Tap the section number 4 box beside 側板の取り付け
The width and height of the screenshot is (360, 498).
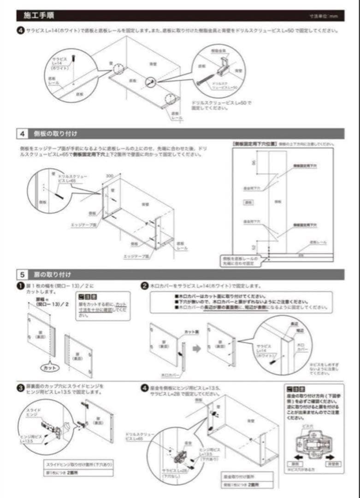pos(23,134)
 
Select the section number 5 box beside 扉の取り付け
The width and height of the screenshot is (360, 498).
pos(23,274)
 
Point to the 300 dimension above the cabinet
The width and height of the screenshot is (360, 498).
pos(109,176)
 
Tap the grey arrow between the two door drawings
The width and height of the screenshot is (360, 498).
pos(196,349)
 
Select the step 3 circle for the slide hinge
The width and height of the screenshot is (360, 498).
pos(20,388)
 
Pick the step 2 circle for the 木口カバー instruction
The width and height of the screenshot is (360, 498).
pos(144,286)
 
